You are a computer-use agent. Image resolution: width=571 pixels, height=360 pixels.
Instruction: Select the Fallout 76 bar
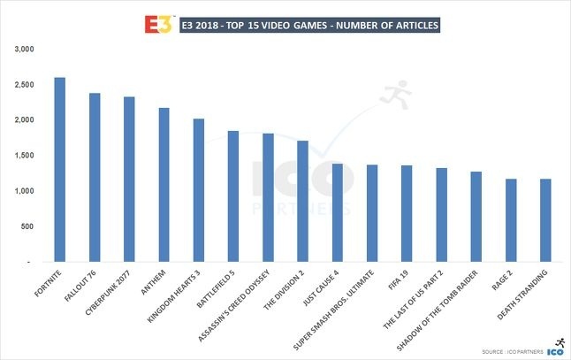pyautogui.click(x=95, y=178)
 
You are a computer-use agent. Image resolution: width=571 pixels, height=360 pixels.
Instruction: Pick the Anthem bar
pyautogui.click(x=164, y=185)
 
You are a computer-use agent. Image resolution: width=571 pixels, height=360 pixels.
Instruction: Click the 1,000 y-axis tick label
pyautogui.click(x=23, y=191)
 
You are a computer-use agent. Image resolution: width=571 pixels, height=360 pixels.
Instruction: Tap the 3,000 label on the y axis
pyautogui.click(x=23, y=49)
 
